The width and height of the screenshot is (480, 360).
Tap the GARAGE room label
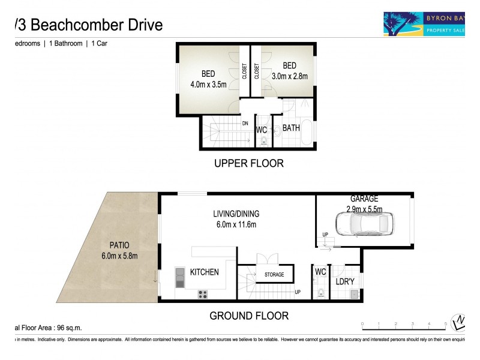click(364, 199)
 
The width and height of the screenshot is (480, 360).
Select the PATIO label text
click(119, 245)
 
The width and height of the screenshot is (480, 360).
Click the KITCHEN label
click(204, 272)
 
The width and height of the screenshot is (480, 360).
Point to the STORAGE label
click(274, 275)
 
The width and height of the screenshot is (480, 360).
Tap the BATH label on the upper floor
click(291, 128)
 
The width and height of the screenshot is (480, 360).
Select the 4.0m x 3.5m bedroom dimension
click(208, 84)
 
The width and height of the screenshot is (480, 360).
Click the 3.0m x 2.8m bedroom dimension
click(289, 76)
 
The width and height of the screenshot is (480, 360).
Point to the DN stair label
click(245, 123)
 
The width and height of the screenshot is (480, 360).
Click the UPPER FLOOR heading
click(248, 163)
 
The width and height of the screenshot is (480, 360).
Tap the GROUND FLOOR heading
click(248, 316)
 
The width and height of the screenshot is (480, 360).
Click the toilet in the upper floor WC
click(263, 142)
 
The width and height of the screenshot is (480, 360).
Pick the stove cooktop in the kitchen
click(203, 293)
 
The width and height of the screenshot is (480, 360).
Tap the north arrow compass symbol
click(459, 323)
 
